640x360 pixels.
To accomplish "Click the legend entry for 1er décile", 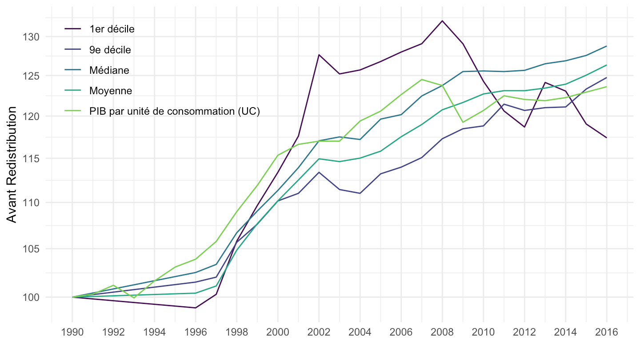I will pyautogui.click(x=112, y=29).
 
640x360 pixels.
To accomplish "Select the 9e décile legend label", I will pyautogui.click(x=110, y=50).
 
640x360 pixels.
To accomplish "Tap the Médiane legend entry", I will pyautogui.click(x=109, y=70).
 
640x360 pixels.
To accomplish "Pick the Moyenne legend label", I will pyautogui.click(x=110, y=91).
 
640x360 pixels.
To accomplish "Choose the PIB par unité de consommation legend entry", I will pyautogui.click(x=174, y=111).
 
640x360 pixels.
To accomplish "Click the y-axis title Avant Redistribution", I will pyautogui.click(x=12, y=164).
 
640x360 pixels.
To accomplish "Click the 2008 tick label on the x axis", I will pyautogui.click(x=442, y=332).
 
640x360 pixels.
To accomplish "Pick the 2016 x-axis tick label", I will pyautogui.click(x=607, y=332).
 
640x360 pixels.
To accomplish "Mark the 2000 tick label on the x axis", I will pyautogui.click(x=278, y=332).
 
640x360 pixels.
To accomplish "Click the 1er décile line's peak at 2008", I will pyautogui.click(x=442, y=20).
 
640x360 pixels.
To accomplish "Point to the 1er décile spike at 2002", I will pyautogui.click(x=319, y=55).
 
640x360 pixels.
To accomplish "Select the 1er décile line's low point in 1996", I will pyautogui.click(x=196, y=308).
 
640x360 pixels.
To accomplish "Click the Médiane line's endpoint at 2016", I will pyautogui.click(x=607, y=46).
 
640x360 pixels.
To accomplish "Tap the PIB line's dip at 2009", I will pyautogui.click(x=463, y=122).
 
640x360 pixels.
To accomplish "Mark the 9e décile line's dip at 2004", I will pyautogui.click(x=360, y=193).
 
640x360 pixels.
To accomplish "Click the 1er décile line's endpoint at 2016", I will pyautogui.click(x=607, y=138).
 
